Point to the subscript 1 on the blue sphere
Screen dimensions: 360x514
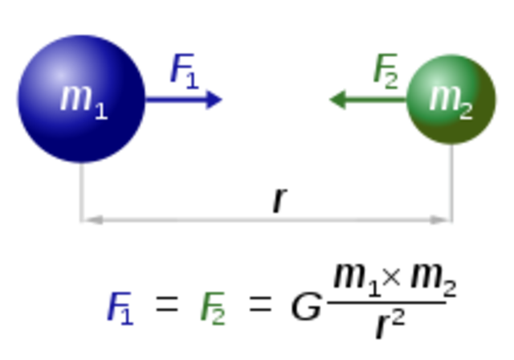(x=100, y=110)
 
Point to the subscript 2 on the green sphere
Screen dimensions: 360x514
(x=466, y=111)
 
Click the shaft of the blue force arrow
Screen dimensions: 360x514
(x=177, y=99)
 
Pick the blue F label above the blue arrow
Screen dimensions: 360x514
(x=182, y=68)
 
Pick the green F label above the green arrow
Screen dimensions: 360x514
(x=385, y=68)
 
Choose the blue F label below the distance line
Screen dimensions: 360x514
(x=119, y=308)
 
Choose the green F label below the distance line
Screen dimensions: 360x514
(x=213, y=308)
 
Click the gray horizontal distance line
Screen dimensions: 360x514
(x=265, y=219)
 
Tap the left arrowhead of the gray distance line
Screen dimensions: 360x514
(x=95, y=219)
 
